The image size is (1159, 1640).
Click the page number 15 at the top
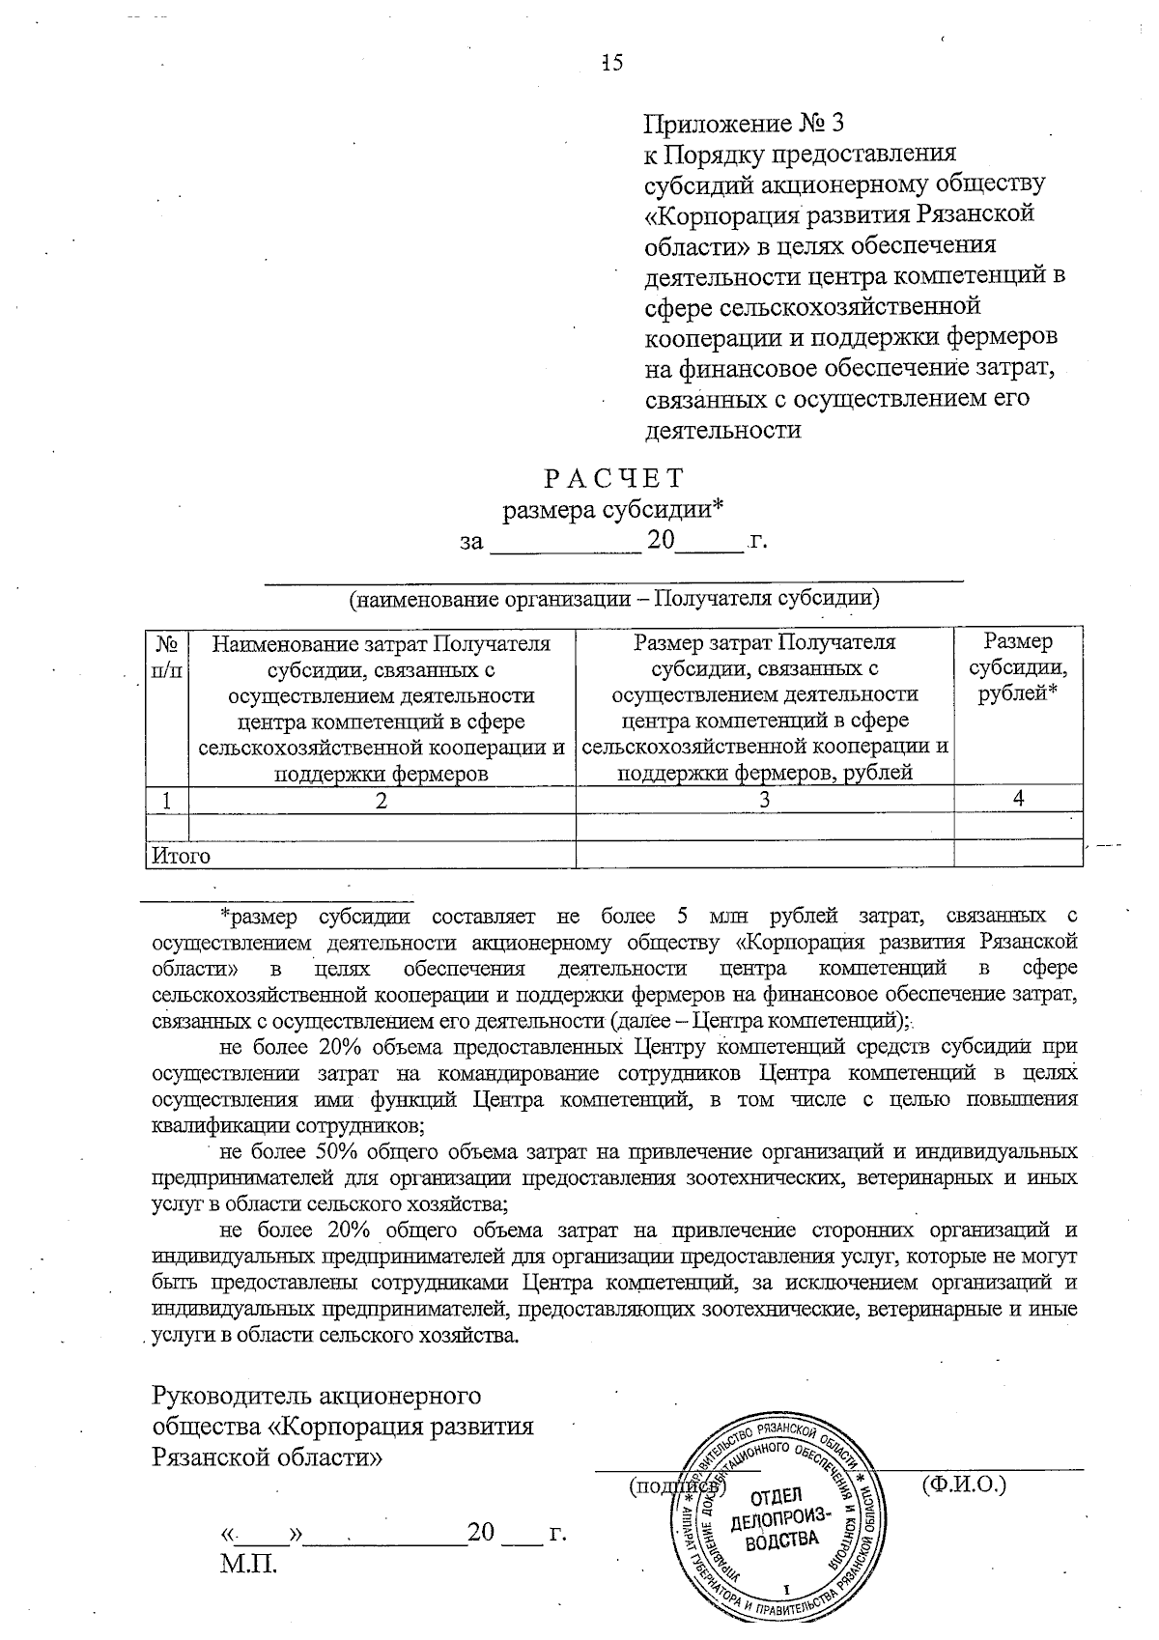[x=612, y=64]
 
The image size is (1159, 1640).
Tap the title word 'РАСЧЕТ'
[x=613, y=479]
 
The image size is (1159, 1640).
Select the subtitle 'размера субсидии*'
[x=613, y=509]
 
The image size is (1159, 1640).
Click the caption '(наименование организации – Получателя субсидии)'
[x=614, y=598]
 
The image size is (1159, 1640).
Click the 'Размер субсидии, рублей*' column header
[x=1018, y=668]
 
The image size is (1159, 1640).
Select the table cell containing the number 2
[x=382, y=800]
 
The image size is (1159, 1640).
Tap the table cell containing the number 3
[x=764, y=800]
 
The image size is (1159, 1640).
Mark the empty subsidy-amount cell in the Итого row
[x=1018, y=854]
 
